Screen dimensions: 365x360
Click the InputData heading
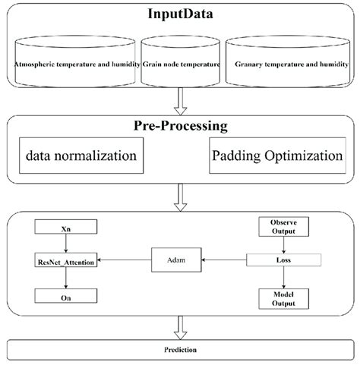click(180, 15)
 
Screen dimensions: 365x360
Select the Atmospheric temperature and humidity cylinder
click(77, 65)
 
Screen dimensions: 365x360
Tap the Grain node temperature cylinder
click(182, 65)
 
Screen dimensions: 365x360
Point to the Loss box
click(283, 260)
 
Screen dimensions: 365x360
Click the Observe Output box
click(283, 225)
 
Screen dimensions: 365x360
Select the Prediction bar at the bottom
click(180, 350)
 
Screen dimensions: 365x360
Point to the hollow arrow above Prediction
click(180, 327)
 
